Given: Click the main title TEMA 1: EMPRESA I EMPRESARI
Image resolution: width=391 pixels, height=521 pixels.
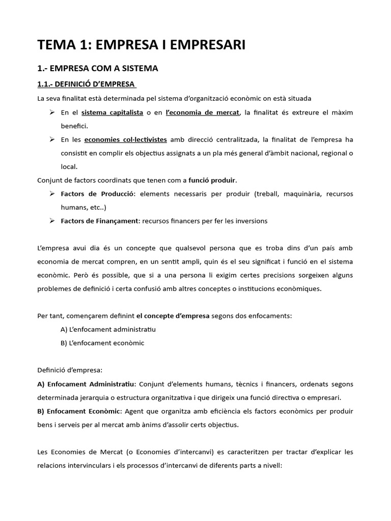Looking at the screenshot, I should pos(141,45).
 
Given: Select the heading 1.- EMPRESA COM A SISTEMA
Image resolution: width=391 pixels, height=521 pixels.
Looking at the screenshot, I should pos(98,69).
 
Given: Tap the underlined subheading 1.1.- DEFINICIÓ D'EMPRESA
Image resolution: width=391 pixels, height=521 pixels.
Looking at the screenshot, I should pos(87,83).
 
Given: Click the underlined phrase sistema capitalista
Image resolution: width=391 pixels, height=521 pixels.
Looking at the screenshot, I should pos(112,112).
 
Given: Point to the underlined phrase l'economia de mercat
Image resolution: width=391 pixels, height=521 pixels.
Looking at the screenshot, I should pos(202,112).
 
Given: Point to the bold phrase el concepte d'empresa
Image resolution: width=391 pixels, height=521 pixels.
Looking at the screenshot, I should pos(173,315).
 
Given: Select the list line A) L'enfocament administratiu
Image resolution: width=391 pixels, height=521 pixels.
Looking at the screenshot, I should pos(108,329).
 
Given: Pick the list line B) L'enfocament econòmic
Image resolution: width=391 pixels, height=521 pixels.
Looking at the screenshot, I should pos(102,343).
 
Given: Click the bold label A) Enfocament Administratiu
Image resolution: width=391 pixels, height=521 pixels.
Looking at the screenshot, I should pos(86,384).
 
